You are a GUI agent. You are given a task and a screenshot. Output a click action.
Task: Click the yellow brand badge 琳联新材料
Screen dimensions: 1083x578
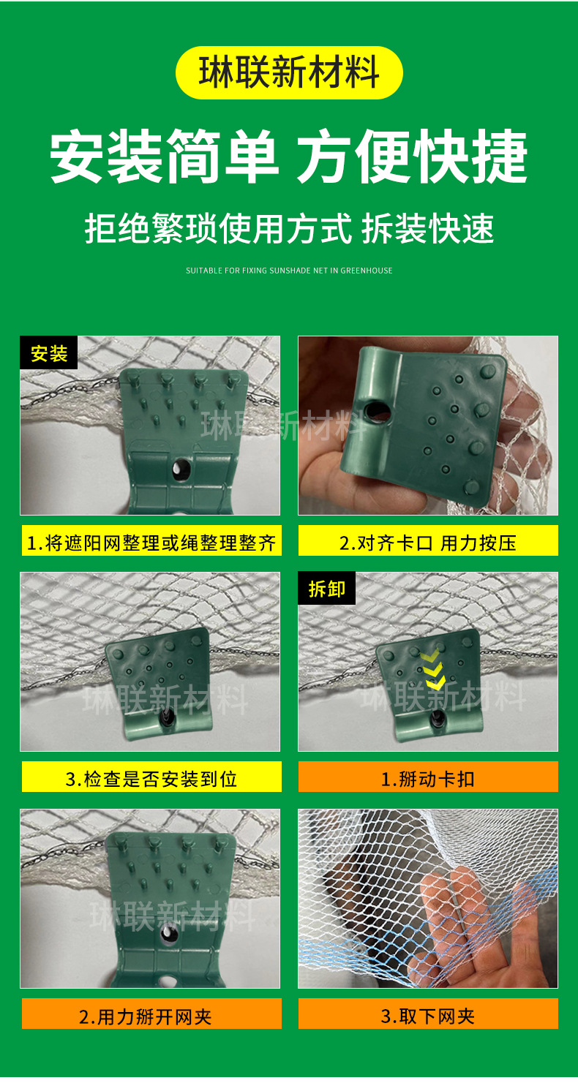(289, 72)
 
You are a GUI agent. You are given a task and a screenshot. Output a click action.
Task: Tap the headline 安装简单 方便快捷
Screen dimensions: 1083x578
(289, 156)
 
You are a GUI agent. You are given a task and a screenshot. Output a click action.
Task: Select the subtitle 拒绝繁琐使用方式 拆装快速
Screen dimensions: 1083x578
(289, 228)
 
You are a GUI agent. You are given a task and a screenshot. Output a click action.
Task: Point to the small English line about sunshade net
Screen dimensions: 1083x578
(289, 271)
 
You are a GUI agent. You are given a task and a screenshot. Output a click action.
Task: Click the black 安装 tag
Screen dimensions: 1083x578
(49, 353)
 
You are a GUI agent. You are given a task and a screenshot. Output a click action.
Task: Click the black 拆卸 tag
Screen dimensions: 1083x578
(326, 589)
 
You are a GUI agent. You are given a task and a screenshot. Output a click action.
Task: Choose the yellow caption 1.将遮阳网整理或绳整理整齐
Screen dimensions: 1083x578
(151, 543)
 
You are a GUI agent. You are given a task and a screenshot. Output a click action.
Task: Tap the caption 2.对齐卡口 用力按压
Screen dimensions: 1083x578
(428, 543)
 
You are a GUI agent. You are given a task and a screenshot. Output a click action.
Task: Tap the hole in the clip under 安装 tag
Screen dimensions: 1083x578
(178, 469)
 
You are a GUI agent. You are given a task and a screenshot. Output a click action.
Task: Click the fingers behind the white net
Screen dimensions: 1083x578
(468, 907)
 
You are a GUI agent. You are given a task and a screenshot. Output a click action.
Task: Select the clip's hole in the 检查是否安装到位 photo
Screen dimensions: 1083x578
(167, 719)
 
